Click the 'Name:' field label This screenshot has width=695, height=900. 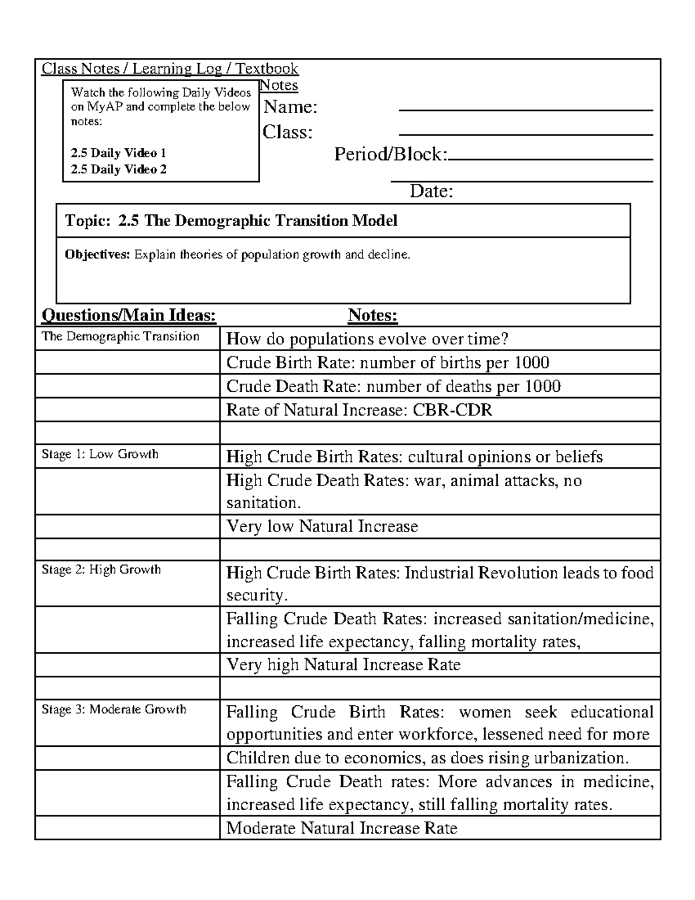click(291, 107)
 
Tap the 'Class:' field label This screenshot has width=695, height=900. click(287, 132)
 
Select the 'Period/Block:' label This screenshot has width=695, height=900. click(391, 154)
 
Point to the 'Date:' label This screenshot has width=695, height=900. click(431, 191)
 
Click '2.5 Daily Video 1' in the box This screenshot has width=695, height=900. click(118, 153)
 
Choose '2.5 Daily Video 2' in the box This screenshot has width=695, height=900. click(118, 169)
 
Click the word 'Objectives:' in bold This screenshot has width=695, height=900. click(97, 254)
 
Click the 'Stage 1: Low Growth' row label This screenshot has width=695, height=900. click(100, 454)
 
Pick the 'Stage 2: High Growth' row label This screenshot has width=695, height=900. click(101, 570)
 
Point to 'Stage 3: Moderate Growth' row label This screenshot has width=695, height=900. click(114, 709)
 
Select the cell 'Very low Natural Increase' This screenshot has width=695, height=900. click(322, 526)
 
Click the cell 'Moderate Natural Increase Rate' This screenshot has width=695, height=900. click(342, 828)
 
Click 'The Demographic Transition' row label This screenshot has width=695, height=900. click(120, 337)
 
